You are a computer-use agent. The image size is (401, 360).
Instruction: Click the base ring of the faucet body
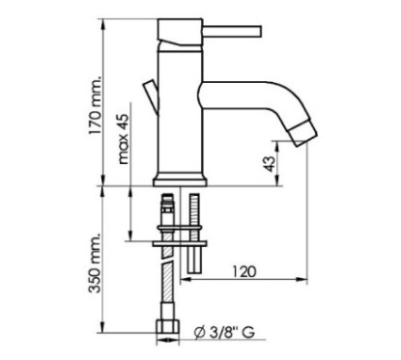pos(181,178)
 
